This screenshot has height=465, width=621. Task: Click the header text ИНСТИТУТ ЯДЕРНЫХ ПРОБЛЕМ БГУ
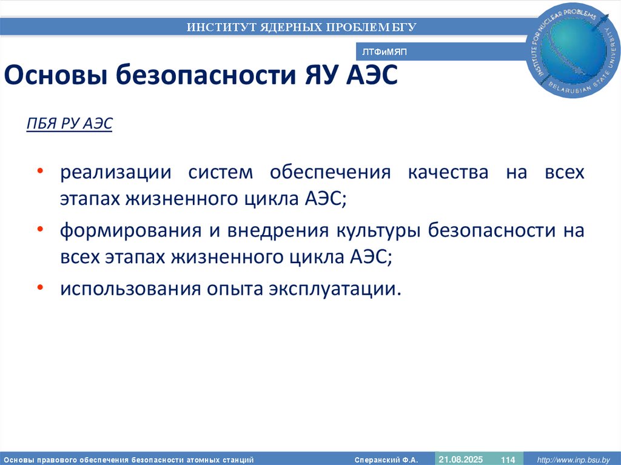(301, 27)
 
